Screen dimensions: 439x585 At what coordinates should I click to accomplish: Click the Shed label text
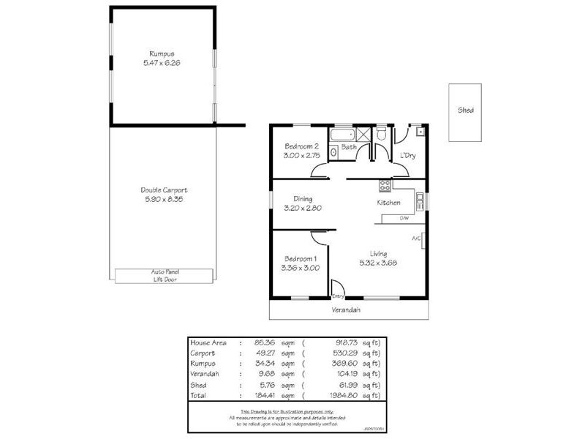466,110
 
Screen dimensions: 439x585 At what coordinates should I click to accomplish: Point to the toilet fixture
381,134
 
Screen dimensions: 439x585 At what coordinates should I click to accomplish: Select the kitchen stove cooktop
382,184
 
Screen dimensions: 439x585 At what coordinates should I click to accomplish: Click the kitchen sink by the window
419,198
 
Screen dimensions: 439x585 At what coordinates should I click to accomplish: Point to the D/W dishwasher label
404,219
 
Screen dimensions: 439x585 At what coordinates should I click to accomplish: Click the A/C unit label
416,239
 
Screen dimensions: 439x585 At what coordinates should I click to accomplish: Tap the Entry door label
338,296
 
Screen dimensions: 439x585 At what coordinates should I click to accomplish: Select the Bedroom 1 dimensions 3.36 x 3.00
301,268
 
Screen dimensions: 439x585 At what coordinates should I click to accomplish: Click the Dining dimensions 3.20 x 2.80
303,208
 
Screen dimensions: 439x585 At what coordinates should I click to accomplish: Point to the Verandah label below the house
348,309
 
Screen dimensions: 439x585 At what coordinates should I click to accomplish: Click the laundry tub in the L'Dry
419,132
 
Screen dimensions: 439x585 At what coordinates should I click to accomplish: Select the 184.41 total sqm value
264,394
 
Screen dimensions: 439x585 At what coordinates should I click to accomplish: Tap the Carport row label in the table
202,353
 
